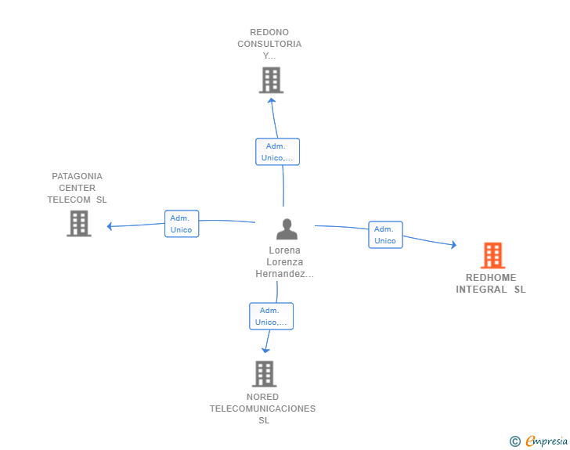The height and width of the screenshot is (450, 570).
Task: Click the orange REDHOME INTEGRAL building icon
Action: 492,255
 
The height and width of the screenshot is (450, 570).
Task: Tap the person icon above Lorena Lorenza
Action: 287,229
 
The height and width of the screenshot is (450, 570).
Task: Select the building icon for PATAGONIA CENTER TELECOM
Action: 79,224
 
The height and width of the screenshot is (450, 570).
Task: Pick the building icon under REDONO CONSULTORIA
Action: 271,80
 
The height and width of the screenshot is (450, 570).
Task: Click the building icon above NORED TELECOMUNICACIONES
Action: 265,373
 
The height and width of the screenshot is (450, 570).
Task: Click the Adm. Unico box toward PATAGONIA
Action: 182,224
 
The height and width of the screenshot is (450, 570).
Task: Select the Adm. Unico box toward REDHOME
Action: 385,235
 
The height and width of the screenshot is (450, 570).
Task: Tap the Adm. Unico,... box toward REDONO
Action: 277,152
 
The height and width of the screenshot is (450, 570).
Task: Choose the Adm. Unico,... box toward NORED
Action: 271,316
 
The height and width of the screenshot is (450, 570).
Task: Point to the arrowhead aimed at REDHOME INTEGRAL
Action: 454,245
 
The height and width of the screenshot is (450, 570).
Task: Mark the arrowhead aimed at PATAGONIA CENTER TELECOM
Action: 110,226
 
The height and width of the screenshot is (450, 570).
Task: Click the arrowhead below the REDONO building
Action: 272,100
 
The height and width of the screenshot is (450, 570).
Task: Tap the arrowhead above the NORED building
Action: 265,351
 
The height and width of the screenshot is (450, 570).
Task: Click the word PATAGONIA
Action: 77,176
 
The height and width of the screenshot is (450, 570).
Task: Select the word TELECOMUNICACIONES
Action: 262,409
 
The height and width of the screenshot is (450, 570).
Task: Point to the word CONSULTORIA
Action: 269,44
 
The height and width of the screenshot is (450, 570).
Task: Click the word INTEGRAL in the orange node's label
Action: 482,290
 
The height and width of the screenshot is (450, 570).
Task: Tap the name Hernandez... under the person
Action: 285,274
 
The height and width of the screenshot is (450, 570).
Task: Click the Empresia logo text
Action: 547,441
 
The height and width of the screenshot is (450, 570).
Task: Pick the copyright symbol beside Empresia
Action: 514,441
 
